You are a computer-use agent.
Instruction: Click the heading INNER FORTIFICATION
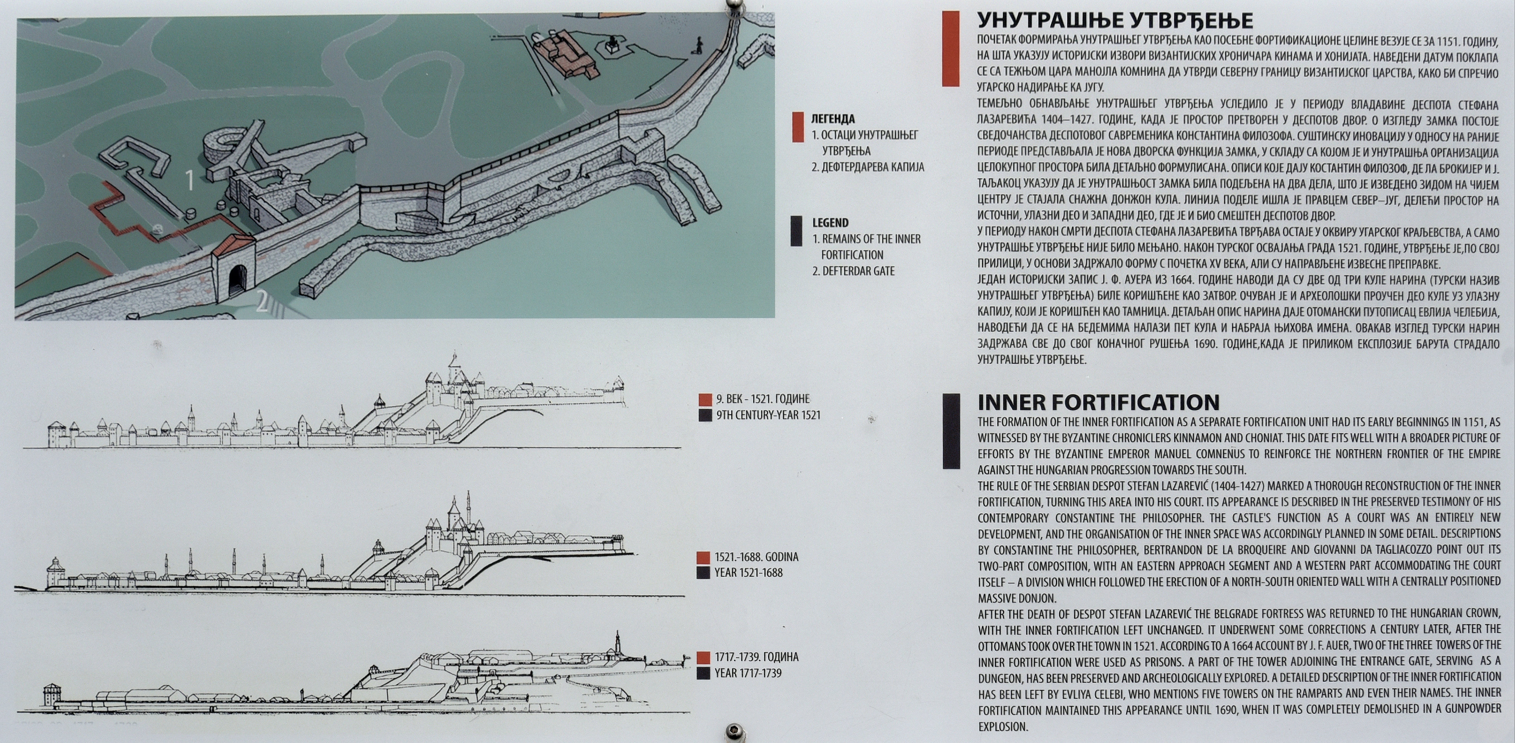[1098, 402]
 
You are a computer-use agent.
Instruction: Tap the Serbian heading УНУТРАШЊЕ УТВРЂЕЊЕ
[1115, 21]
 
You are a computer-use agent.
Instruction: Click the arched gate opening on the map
[237, 281]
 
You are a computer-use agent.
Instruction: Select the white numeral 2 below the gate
[262, 302]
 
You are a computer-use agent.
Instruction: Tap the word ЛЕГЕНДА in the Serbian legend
[833, 119]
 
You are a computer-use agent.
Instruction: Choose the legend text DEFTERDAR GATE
[858, 271]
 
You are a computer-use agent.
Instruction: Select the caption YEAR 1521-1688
[748, 573]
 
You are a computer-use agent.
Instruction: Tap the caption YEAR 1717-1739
[748, 673]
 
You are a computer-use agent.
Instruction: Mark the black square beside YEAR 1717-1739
[703, 673]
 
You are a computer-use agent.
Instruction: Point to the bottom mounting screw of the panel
[734, 731]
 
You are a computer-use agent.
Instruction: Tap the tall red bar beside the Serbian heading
[950, 49]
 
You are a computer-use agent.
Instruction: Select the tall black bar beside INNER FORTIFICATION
[951, 431]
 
